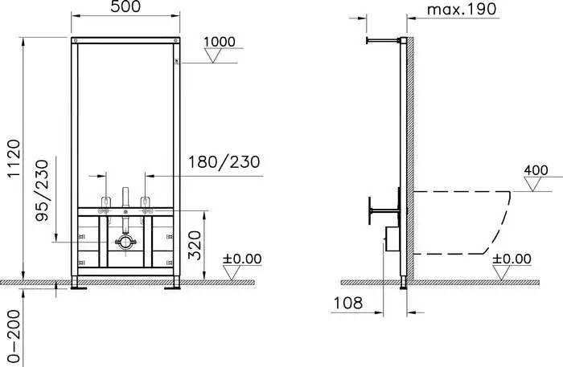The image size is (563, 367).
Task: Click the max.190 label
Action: click(462, 10)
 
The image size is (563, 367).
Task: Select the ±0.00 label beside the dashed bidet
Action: click(512, 259)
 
